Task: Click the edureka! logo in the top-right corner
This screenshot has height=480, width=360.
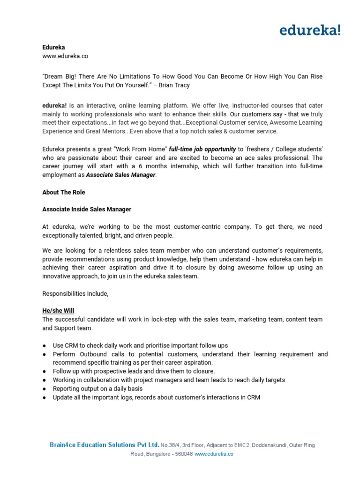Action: [x=310, y=30]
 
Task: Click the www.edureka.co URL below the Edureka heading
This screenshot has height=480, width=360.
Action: [x=65, y=56]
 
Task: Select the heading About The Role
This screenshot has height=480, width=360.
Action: [x=64, y=192]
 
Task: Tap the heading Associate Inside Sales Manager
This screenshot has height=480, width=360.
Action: [x=87, y=209]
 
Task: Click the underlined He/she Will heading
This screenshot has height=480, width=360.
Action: [x=58, y=311]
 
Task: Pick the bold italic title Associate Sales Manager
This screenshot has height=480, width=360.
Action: [x=121, y=175]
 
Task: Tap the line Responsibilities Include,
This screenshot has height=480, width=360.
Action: [x=75, y=293]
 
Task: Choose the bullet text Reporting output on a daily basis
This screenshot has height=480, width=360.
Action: [x=97, y=389]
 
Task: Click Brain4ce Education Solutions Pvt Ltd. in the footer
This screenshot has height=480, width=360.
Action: [x=105, y=445]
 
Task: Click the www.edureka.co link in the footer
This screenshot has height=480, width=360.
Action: [x=214, y=454]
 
